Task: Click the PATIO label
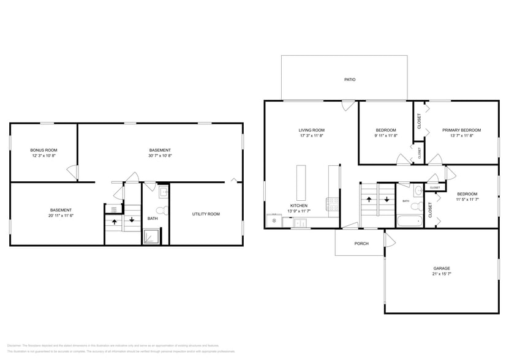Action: tap(350, 80)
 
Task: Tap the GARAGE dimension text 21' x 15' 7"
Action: tap(442, 274)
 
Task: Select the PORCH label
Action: tap(361, 243)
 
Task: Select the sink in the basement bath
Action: tap(164, 192)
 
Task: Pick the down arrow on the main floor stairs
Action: tap(386, 199)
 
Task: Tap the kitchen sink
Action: tap(300, 223)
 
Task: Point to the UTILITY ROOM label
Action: tap(206, 214)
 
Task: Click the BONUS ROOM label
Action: tap(44, 150)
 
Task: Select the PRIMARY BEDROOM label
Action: tap(461, 130)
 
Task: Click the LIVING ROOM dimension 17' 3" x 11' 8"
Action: tap(311, 135)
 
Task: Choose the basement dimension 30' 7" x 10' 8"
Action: tap(160, 156)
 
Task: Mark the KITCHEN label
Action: tap(299, 206)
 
